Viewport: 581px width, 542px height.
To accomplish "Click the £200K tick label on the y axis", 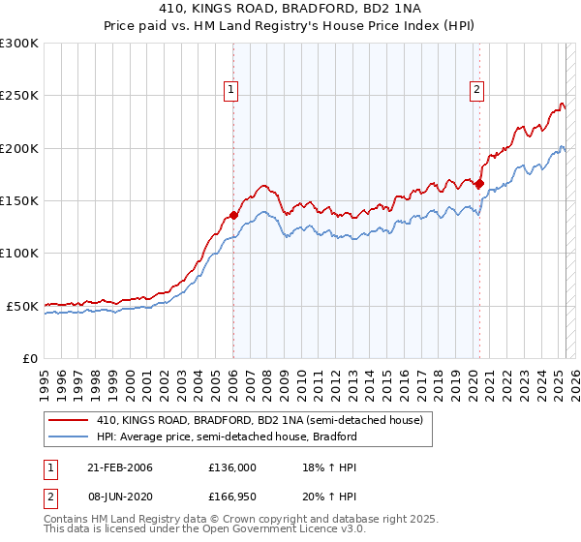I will (x=19, y=148).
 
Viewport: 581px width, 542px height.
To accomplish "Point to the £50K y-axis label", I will (x=22, y=306).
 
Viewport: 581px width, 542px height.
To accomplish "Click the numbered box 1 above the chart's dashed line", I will (x=232, y=91).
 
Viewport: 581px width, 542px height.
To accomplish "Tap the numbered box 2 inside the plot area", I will (x=478, y=91).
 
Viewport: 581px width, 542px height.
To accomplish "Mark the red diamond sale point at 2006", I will (x=233, y=215).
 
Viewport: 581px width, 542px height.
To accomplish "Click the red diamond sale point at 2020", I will (x=479, y=183).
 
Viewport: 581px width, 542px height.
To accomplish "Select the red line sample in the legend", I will (x=68, y=421).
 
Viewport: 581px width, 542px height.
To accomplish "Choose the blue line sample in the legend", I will (x=68, y=437).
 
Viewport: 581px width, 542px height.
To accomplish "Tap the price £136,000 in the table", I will (x=231, y=467).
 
